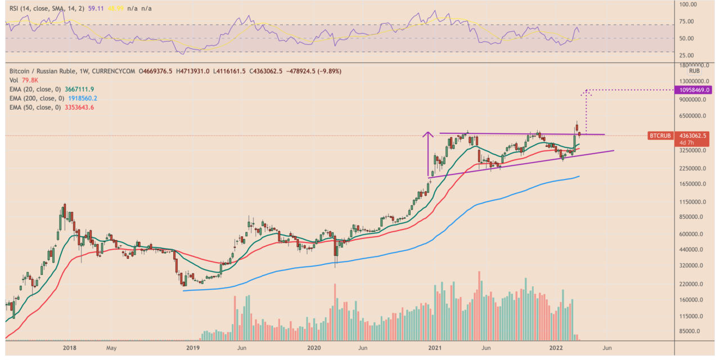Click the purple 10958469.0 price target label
click(695, 90)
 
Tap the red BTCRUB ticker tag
click(660, 136)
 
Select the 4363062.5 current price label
click(695, 136)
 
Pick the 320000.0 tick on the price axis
click(692, 265)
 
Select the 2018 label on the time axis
click(70, 348)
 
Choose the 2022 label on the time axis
click(556, 348)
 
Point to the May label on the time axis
click(111, 348)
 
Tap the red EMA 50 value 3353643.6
click(78, 107)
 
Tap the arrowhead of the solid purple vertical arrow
click(429, 134)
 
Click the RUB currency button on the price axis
click(694, 71)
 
